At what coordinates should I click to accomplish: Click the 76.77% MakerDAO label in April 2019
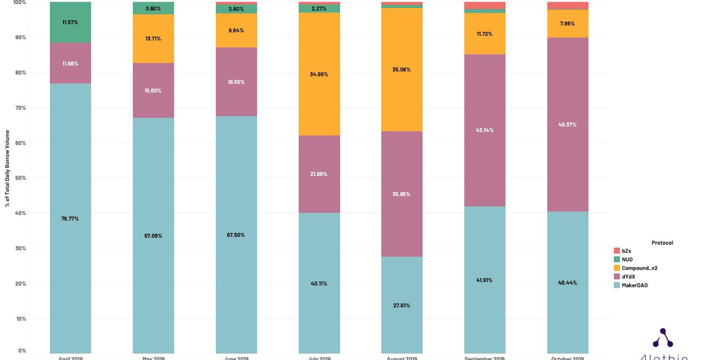tap(70, 219)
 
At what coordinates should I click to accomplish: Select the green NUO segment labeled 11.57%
tap(70, 22)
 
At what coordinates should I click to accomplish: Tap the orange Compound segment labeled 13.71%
tap(153, 39)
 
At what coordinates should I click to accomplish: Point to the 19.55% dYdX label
tap(236, 82)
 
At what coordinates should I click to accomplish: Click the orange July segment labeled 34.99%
tap(319, 74)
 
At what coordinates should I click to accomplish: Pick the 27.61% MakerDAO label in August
tap(401, 306)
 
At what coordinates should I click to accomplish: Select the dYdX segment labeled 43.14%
tap(484, 130)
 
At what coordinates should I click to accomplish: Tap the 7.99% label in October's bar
tap(567, 24)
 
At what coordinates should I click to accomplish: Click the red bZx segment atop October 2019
tap(567, 6)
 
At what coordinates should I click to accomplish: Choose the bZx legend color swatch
tap(616, 251)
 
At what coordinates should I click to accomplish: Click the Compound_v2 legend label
tap(639, 268)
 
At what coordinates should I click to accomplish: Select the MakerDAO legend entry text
tap(634, 285)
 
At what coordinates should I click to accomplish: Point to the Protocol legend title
tap(662, 242)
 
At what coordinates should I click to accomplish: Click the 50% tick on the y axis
tap(21, 178)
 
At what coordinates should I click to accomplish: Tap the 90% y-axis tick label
tap(21, 37)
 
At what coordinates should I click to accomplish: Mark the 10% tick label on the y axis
tap(21, 319)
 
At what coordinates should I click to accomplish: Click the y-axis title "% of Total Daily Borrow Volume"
tap(7, 168)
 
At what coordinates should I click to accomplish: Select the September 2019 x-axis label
tap(484, 358)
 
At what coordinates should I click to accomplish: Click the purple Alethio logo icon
tap(663, 338)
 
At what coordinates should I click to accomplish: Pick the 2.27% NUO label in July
tap(319, 9)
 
